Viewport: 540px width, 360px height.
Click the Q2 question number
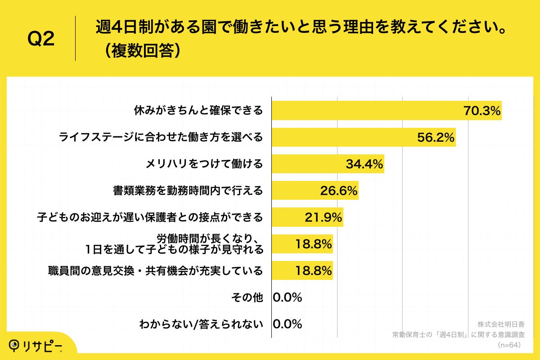pyautogui.click(x=41, y=39)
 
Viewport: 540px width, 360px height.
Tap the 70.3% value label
pyautogui.click(x=482, y=111)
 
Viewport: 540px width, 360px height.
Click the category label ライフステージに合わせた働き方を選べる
pyautogui.click(x=161, y=137)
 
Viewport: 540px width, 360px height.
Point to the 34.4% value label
pyautogui.click(x=364, y=164)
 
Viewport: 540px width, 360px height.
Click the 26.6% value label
pyautogui.click(x=338, y=191)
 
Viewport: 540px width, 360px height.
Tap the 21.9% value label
pyautogui.click(x=323, y=217)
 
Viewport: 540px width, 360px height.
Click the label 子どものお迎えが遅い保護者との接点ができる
pyautogui.click(x=149, y=218)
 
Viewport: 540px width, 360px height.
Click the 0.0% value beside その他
pyautogui.click(x=287, y=297)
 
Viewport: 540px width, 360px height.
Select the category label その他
pyautogui.click(x=247, y=297)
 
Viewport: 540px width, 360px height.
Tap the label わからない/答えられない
pyautogui.click(x=201, y=324)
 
